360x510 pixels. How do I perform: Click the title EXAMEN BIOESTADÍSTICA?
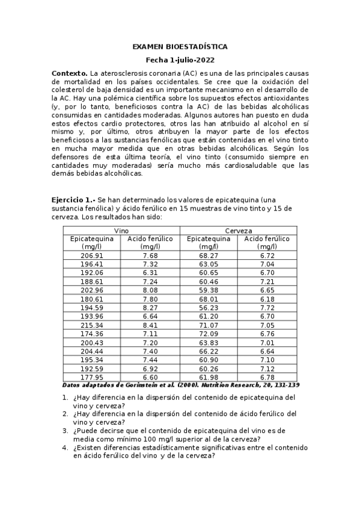pos(180,47)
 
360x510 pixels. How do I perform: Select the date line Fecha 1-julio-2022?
pos(180,60)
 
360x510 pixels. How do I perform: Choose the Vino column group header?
pos(122,231)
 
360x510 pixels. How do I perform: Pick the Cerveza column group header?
pos(239,231)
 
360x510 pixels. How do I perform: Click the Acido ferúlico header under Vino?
pos(150,242)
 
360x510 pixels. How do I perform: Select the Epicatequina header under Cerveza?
pos(209,242)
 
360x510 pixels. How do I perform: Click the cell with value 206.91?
pos(92,256)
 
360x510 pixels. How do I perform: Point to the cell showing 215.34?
pos(92,326)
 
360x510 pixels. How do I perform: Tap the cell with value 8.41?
pos(150,326)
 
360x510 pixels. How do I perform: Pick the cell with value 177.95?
pos(92,377)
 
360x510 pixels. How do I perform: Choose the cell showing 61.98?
pos(209,377)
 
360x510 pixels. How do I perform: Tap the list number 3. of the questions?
pos(66,431)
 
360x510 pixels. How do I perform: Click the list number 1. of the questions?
pos(66,398)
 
